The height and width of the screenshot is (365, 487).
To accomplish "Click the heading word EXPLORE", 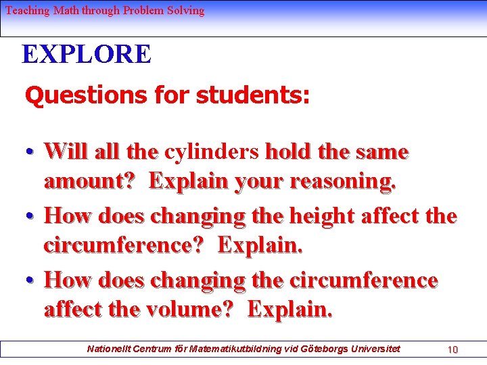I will pos(87,54).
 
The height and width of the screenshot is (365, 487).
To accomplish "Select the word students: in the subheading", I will pos(253,96).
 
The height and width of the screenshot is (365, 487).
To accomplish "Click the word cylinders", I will pos(212,151).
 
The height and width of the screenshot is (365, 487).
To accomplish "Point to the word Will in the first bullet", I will pos(66,151).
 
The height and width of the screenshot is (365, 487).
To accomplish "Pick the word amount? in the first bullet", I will pos(92,181).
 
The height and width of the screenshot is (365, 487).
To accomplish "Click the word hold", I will pos(288,151).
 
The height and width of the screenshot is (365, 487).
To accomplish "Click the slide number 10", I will pos(453,349).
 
